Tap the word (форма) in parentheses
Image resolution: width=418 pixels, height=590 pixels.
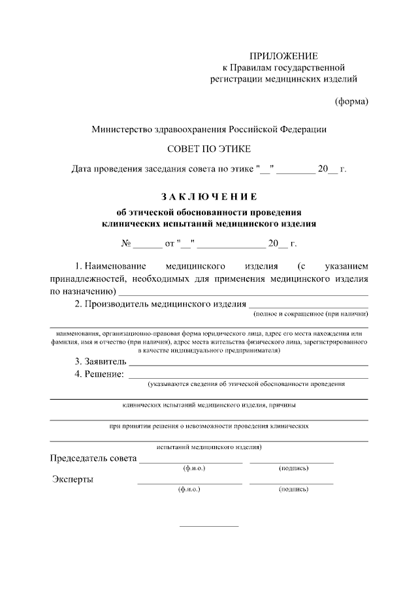[x=351, y=101]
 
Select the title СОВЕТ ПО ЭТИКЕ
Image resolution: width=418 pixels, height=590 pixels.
[x=209, y=149]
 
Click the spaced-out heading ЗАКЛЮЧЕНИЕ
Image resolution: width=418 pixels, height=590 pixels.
[x=209, y=196]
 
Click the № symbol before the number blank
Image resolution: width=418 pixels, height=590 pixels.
[x=126, y=244]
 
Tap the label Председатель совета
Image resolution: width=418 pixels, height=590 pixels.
[x=93, y=458]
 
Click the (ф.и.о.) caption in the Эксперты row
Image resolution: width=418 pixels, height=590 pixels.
[x=189, y=488]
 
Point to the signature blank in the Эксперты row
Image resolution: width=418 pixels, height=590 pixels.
[x=291, y=483]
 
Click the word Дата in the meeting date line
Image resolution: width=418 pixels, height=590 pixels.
[x=82, y=170]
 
